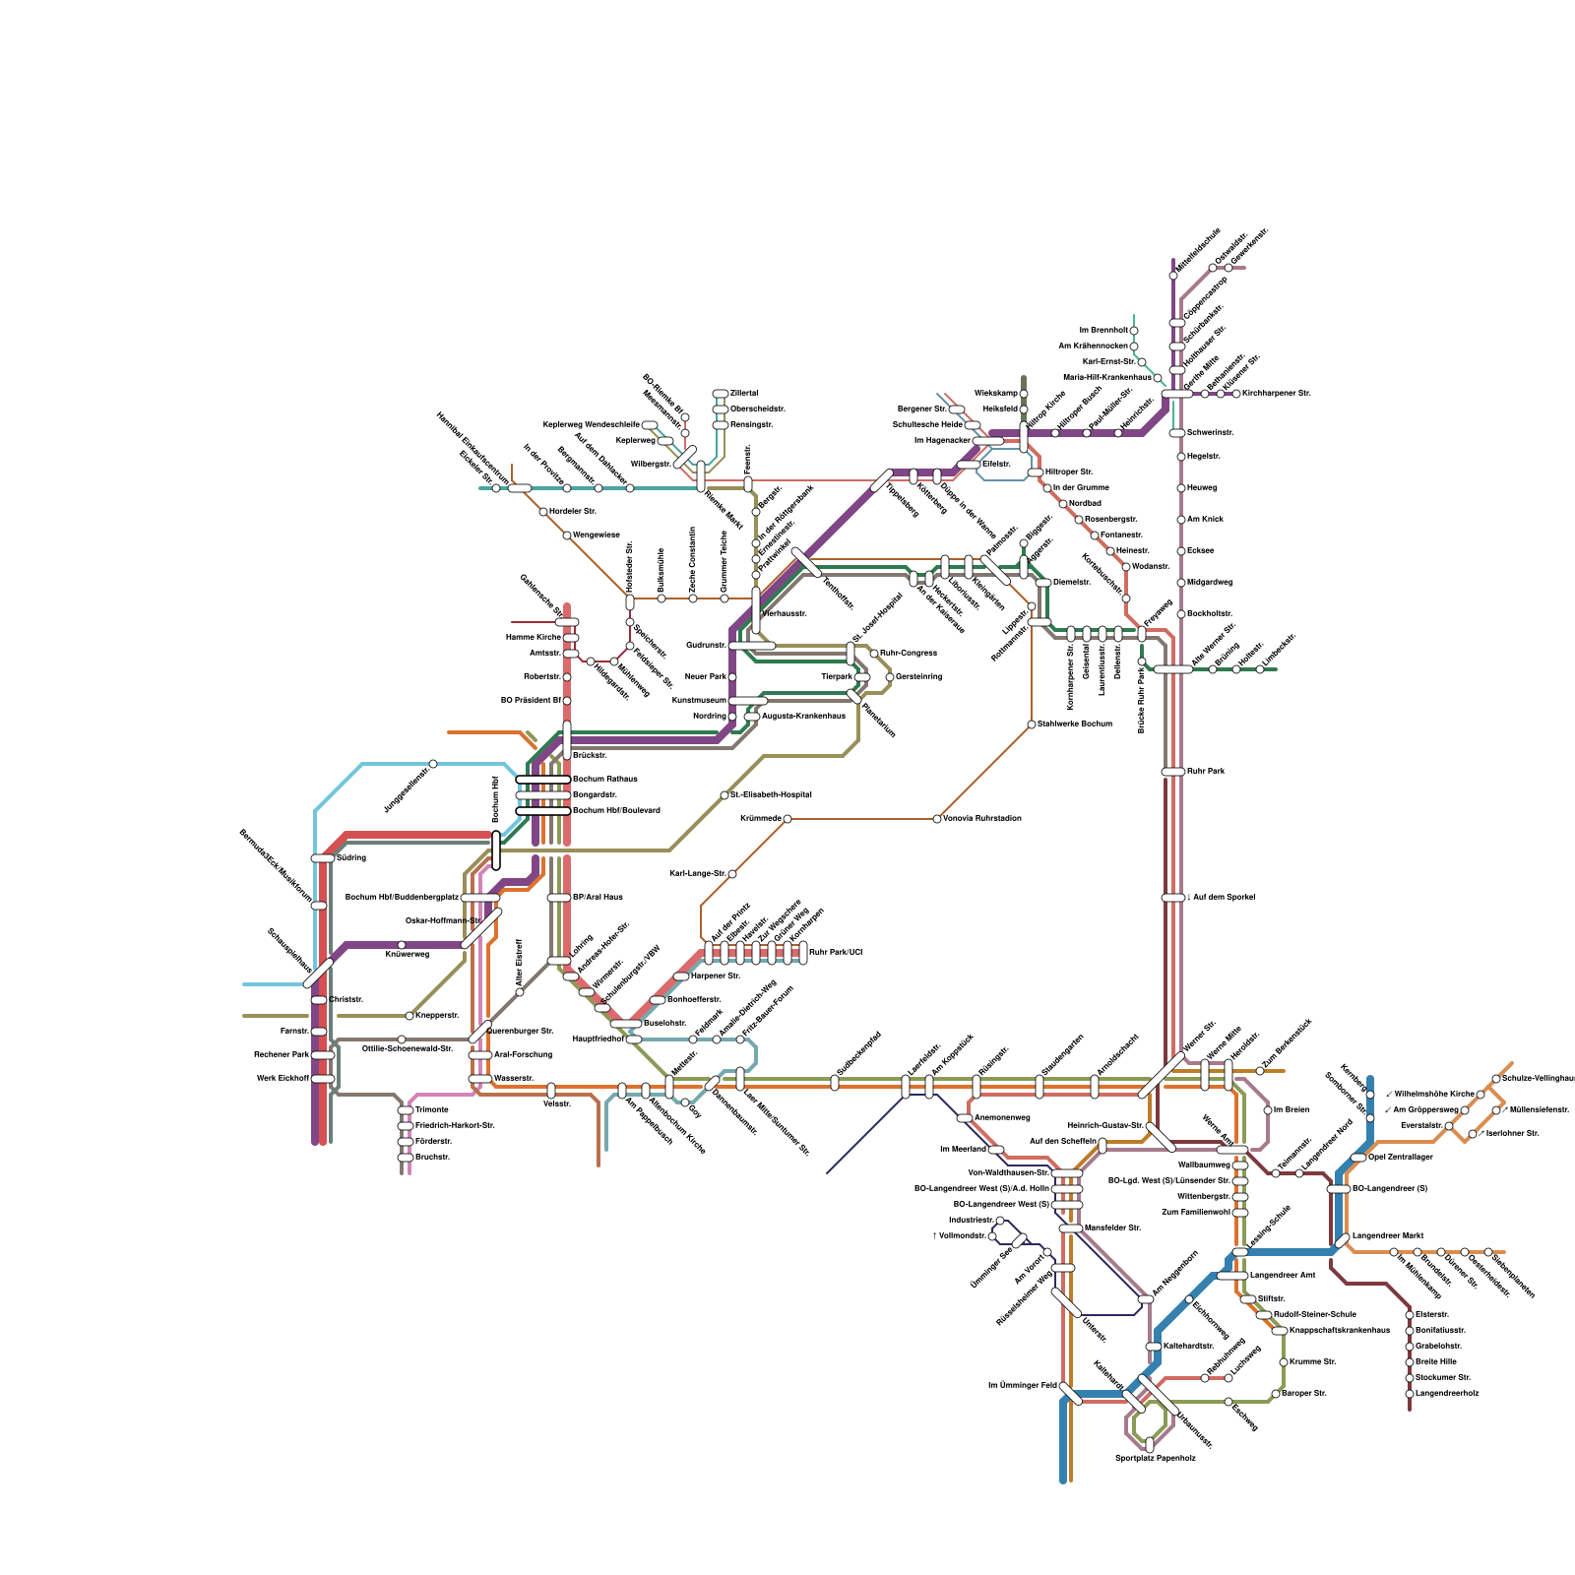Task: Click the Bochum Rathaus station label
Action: click(604, 779)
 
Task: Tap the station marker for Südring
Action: click(322, 858)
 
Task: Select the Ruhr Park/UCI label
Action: click(835, 952)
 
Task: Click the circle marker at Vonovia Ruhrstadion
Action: click(936, 819)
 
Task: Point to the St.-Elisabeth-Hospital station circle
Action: click(724, 795)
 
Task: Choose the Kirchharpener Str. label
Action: click(1277, 393)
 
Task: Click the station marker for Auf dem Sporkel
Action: click(1172, 898)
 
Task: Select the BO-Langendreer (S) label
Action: click(1390, 1188)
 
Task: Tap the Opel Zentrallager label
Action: click(1401, 1157)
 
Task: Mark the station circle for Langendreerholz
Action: click(1410, 1394)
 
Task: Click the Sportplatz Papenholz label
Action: click(1155, 1457)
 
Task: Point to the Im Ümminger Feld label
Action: click(1022, 1385)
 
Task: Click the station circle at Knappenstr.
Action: click(409, 1016)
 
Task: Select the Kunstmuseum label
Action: click(700, 700)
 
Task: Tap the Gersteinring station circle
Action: click(890, 677)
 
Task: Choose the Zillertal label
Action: click(744, 393)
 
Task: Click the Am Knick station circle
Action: click(1181, 520)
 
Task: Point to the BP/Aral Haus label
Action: click(598, 897)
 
